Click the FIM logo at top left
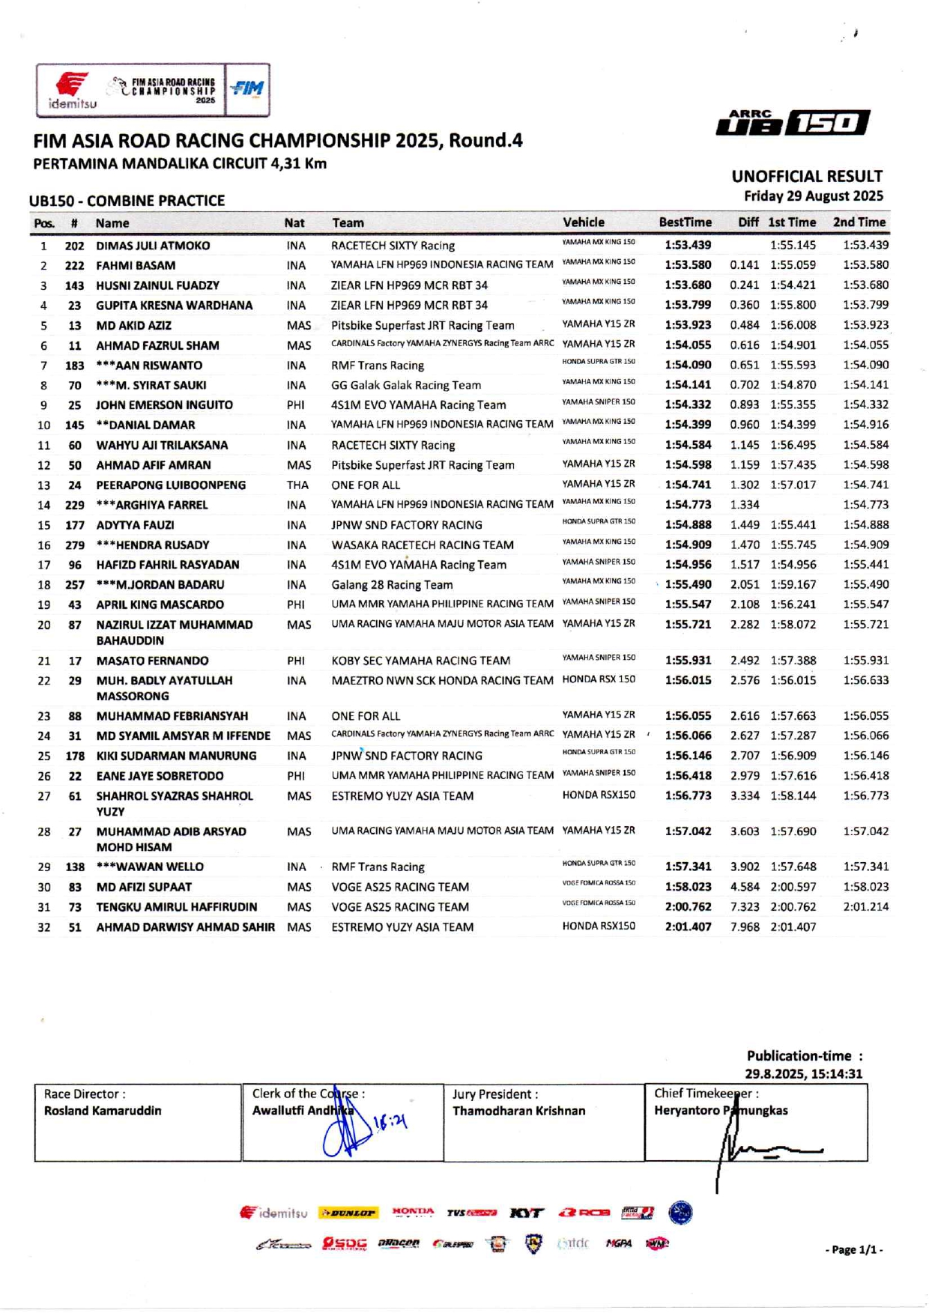pyautogui.click(x=247, y=89)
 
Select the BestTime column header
pyautogui.click(x=685, y=222)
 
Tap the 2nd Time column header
pyautogui.click(x=859, y=222)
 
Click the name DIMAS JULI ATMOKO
pyautogui.click(x=153, y=246)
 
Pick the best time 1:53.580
pyautogui.click(x=688, y=265)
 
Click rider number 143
pyautogui.click(x=74, y=285)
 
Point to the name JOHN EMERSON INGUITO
pyautogui.click(x=164, y=405)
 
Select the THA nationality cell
pyautogui.click(x=297, y=485)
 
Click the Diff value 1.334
pyautogui.click(x=745, y=505)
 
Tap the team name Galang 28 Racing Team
pyautogui.click(x=392, y=585)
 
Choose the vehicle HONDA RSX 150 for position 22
pyautogui.click(x=599, y=679)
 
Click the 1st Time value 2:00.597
pyautogui.click(x=793, y=887)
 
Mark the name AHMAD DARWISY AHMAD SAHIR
pyautogui.click(x=185, y=927)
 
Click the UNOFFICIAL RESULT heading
pyautogui.click(x=807, y=177)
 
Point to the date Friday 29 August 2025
pyautogui.click(x=813, y=196)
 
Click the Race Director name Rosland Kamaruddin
pyautogui.click(x=103, y=1111)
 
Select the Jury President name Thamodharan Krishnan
pyautogui.click(x=518, y=1111)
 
